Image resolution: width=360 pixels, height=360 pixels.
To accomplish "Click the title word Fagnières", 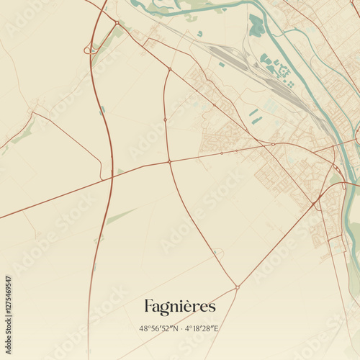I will tap(179, 307).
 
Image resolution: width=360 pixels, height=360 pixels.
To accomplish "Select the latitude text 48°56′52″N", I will tap(159, 328).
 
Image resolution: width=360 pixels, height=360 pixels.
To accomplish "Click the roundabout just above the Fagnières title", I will tap(237, 287).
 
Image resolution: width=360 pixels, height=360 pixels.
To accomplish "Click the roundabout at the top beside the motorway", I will tap(117, 22).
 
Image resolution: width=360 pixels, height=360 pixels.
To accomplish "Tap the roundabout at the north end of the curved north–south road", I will tap(169, 69).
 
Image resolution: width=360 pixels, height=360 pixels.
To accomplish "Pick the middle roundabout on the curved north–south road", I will tap(165, 119).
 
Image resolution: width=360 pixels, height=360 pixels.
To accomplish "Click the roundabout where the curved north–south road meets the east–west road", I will tap(170, 162).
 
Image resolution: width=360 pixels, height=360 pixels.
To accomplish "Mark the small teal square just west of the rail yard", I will tap(220, 65).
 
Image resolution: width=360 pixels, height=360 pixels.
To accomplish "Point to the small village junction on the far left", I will tap(31, 112).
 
